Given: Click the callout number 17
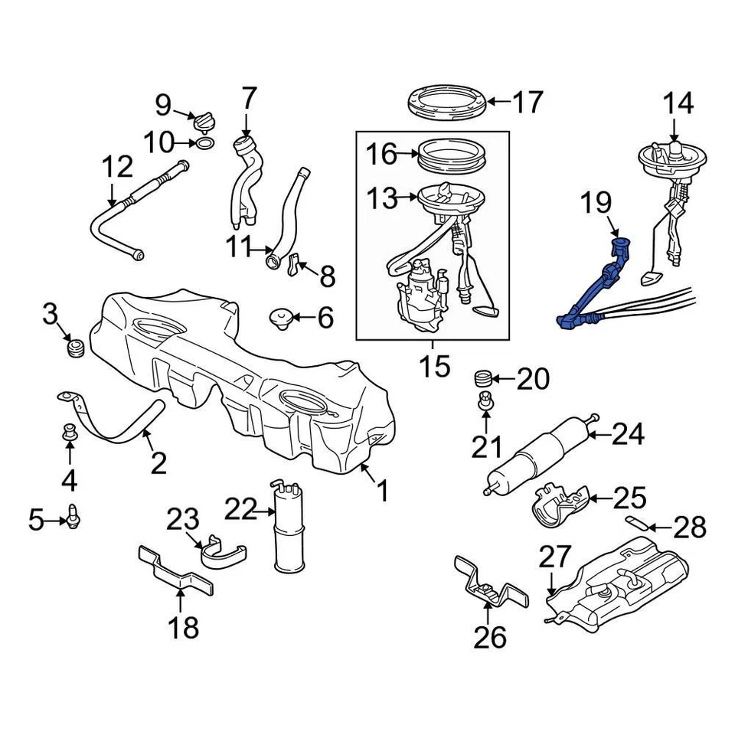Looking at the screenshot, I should (x=527, y=102).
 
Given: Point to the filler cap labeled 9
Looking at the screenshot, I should (x=205, y=121).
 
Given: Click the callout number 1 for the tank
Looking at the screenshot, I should (x=381, y=491).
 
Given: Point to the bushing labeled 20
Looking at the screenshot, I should (x=482, y=377).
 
